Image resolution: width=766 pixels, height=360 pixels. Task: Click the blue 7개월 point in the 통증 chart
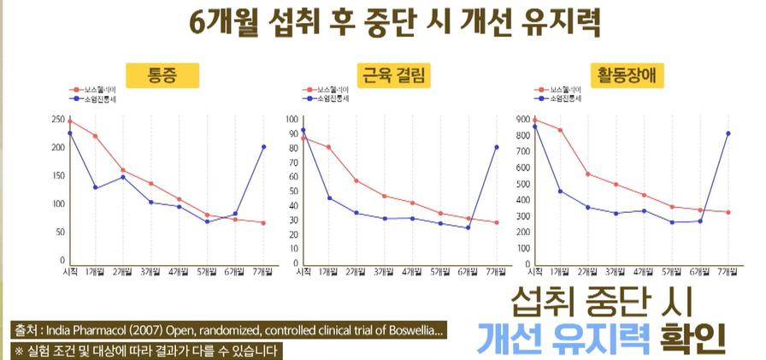(x=262, y=147)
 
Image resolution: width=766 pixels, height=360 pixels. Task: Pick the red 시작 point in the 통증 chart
(x=70, y=121)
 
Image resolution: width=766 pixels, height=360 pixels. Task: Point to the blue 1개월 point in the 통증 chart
(x=96, y=188)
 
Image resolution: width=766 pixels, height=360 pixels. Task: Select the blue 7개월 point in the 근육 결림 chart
(x=496, y=147)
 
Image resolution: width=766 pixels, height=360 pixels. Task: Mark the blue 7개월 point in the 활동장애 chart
(x=728, y=133)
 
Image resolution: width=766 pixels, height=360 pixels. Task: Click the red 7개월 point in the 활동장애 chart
(x=728, y=212)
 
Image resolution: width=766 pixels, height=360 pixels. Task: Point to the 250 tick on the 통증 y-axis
(x=58, y=119)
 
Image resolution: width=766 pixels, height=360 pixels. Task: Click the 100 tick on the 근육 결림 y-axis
(x=292, y=120)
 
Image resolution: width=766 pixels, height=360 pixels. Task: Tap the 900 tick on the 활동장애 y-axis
(x=522, y=120)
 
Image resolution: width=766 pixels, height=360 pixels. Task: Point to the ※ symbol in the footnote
(x=18, y=351)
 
